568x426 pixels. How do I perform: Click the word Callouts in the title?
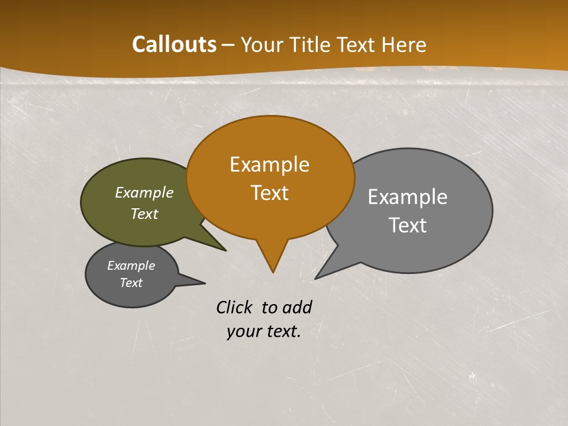[174, 44]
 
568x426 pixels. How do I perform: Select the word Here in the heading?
[405, 44]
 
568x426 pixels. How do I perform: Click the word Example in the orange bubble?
[269, 164]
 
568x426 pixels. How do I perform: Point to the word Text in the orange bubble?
[270, 192]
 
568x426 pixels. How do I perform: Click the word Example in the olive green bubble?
[144, 192]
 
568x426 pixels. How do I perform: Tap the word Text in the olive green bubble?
[144, 214]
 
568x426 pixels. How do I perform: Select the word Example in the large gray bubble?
[408, 196]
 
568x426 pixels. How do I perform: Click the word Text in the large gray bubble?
[408, 225]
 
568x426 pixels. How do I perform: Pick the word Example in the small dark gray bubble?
[131, 266]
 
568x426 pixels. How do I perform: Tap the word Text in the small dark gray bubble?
[131, 283]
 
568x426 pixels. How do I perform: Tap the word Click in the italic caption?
[235, 307]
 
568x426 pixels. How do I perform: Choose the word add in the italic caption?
[296, 307]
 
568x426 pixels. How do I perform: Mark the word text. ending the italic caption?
[282, 331]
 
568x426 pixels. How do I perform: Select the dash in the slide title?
[229, 44]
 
